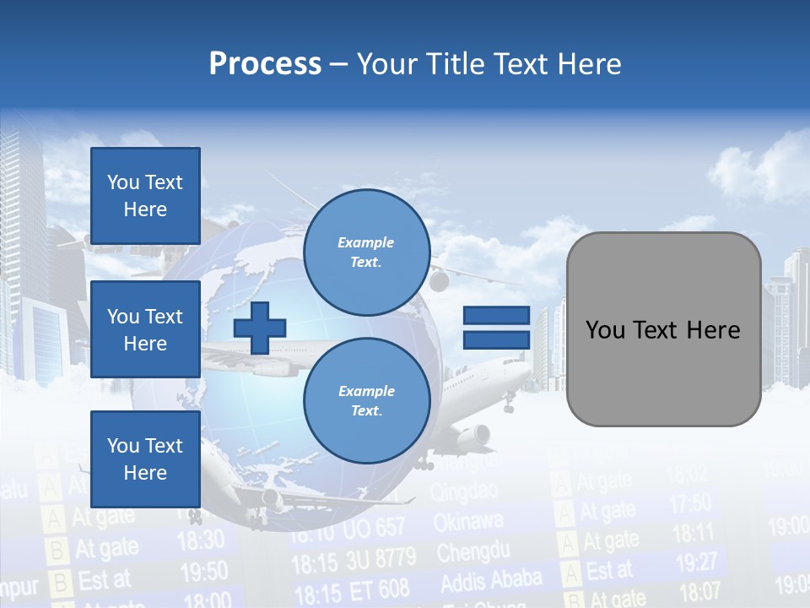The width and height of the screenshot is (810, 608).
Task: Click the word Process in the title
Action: pyautogui.click(x=265, y=64)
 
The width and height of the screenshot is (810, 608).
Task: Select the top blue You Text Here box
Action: pyautogui.click(x=145, y=196)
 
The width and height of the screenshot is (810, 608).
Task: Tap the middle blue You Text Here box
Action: pyautogui.click(x=145, y=329)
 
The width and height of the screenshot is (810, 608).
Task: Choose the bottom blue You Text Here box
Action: pyautogui.click(x=145, y=459)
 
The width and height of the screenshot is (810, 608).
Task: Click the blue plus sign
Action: pyautogui.click(x=260, y=328)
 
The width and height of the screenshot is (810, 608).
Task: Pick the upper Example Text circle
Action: pyautogui.click(x=366, y=252)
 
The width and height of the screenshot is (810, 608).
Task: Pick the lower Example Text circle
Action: pyautogui.click(x=366, y=401)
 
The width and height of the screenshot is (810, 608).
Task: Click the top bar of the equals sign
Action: pyautogui.click(x=496, y=316)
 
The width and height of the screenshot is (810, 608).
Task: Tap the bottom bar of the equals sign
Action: pyautogui.click(x=496, y=339)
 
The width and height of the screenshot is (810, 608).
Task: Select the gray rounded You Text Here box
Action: pyautogui.click(x=663, y=329)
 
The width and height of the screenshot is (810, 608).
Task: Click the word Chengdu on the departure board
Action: pyautogui.click(x=473, y=553)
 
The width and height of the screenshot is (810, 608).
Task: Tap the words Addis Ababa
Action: pyautogui.click(x=490, y=581)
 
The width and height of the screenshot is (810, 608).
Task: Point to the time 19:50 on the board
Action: pyautogui.click(x=204, y=573)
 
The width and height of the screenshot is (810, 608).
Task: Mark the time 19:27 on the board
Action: pyautogui.click(x=696, y=562)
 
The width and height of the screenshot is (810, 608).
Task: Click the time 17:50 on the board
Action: pyautogui.click(x=690, y=504)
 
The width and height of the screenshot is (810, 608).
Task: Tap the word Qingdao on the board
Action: pyautogui.click(x=463, y=492)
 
